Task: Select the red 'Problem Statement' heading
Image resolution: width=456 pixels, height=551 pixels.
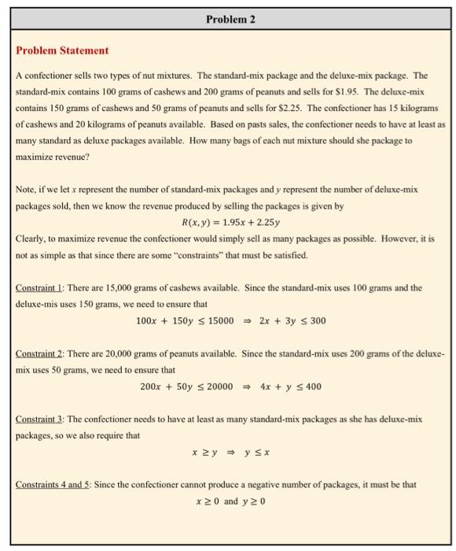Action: tap(62, 50)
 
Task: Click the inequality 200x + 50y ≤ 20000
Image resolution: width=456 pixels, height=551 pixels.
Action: tap(186, 386)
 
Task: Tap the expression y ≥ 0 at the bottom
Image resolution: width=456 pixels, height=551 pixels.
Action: tap(253, 501)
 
